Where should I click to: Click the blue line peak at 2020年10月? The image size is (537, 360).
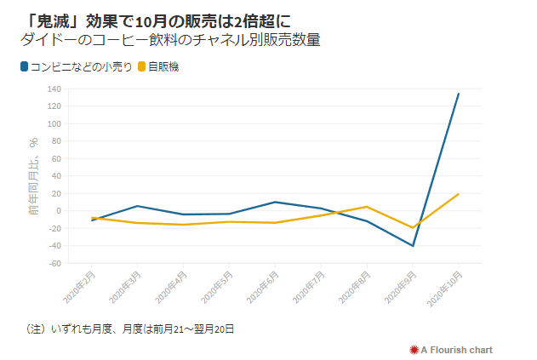pyautogui.click(x=459, y=94)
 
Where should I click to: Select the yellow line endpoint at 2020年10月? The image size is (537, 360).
pyautogui.click(x=459, y=194)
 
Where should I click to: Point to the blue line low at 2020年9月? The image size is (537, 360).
pyautogui.click(x=413, y=246)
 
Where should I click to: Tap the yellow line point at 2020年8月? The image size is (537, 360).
pyautogui.click(x=367, y=207)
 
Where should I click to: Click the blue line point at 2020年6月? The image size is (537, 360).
pyautogui.click(x=275, y=202)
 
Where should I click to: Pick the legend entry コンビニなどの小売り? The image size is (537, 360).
pyautogui.click(x=82, y=66)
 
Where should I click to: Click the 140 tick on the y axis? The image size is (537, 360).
pyautogui.click(x=54, y=89)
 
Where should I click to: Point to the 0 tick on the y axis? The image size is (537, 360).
pyautogui.click(x=57, y=211)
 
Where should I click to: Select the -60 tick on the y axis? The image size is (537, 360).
pyautogui.click(x=54, y=264)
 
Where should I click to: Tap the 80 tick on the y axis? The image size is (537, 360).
pyautogui.click(x=55, y=141)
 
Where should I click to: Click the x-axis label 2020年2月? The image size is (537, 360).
pyautogui.click(x=79, y=289)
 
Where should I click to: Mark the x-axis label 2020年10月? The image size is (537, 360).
pyautogui.click(x=445, y=289)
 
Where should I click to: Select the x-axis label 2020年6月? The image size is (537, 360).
pyautogui.click(x=263, y=289)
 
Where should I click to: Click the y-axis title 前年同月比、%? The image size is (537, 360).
pyautogui.click(x=34, y=174)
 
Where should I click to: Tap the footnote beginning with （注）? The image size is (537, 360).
pyautogui.click(x=129, y=329)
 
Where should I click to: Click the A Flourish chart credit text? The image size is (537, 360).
pyautogui.click(x=456, y=350)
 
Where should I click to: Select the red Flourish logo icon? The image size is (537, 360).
pyautogui.click(x=414, y=350)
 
